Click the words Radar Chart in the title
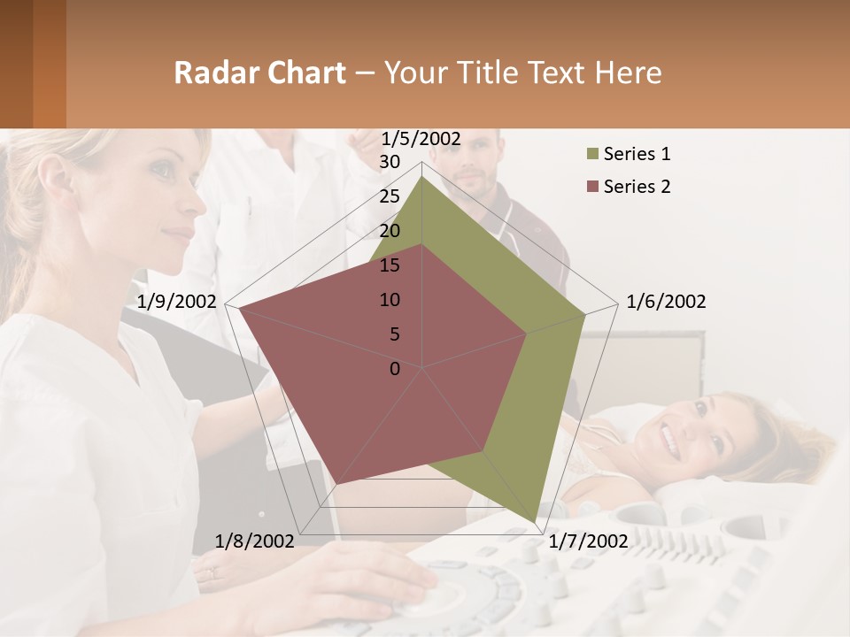259,73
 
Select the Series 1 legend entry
636,154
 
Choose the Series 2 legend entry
636,187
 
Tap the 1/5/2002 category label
421,139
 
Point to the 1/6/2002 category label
666,302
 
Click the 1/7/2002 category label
588,541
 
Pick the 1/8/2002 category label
255,541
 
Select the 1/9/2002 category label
177,302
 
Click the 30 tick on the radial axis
390,162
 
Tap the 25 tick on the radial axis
390,196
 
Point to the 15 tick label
390,265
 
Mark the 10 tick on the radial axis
390,300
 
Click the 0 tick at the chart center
395,368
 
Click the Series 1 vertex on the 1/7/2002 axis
535,522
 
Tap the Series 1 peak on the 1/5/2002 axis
422,177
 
